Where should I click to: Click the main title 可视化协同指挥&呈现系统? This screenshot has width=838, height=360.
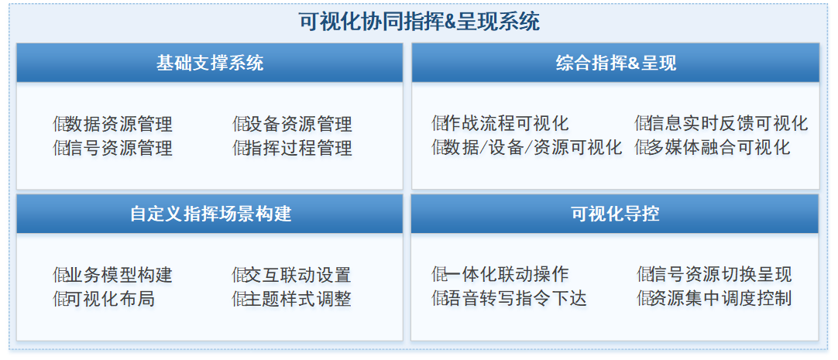tap(419, 22)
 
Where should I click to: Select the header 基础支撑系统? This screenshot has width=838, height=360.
tap(209, 63)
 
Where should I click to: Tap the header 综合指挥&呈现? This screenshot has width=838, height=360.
tap(616, 63)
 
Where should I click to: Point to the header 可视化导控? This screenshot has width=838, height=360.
tap(615, 214)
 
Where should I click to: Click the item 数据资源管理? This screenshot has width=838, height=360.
tap(118, 124)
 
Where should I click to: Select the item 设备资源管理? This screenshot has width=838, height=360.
tap(299, 124)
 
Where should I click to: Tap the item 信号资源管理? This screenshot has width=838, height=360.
tap(118, 147)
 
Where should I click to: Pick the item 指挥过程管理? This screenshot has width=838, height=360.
tap(299, 147)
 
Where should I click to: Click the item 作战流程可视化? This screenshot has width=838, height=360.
tap(506, 123)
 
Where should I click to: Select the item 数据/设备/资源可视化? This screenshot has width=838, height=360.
tap(533, 147)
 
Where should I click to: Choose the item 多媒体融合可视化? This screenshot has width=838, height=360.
tap(719, 147)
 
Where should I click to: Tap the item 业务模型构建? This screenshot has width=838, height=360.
tap(118, 275)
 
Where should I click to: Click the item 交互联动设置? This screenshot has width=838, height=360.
tap(297, 275)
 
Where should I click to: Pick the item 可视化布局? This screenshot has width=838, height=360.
tap(110, 299)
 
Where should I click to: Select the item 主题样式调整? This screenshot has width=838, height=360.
tap(297, 299)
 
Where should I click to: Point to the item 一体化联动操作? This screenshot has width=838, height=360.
tap(506, 275)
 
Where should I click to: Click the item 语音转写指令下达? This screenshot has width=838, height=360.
tap(515, 298)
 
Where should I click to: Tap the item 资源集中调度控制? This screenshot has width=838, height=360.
tap(720, 298)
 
